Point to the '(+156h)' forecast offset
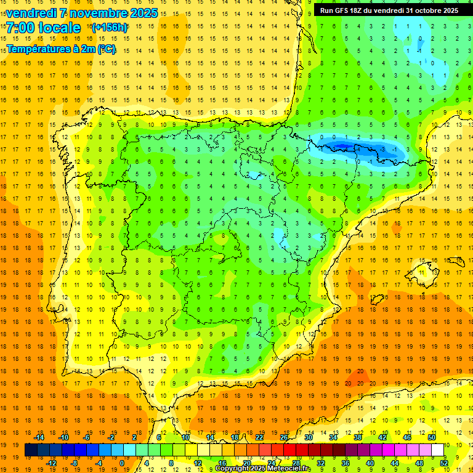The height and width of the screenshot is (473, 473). click(x=110, y=27)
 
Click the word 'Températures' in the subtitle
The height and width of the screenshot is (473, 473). click(x=39, y=49)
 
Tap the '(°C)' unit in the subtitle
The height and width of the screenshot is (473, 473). click(x=105, y=49)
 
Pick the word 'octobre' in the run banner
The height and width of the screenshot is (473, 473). click(x=429, y=10)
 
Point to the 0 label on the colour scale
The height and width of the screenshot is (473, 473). click(x=122, y=463)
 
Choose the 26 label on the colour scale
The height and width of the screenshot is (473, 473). click(x=284, y=437)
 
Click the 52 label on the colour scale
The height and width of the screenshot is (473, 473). click(x=444, y=463)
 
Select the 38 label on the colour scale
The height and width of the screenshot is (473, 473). click(x=358, y=437)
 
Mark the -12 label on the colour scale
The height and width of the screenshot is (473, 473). click(x=51, y=463)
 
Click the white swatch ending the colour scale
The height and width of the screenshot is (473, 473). click(x=438, y=450)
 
